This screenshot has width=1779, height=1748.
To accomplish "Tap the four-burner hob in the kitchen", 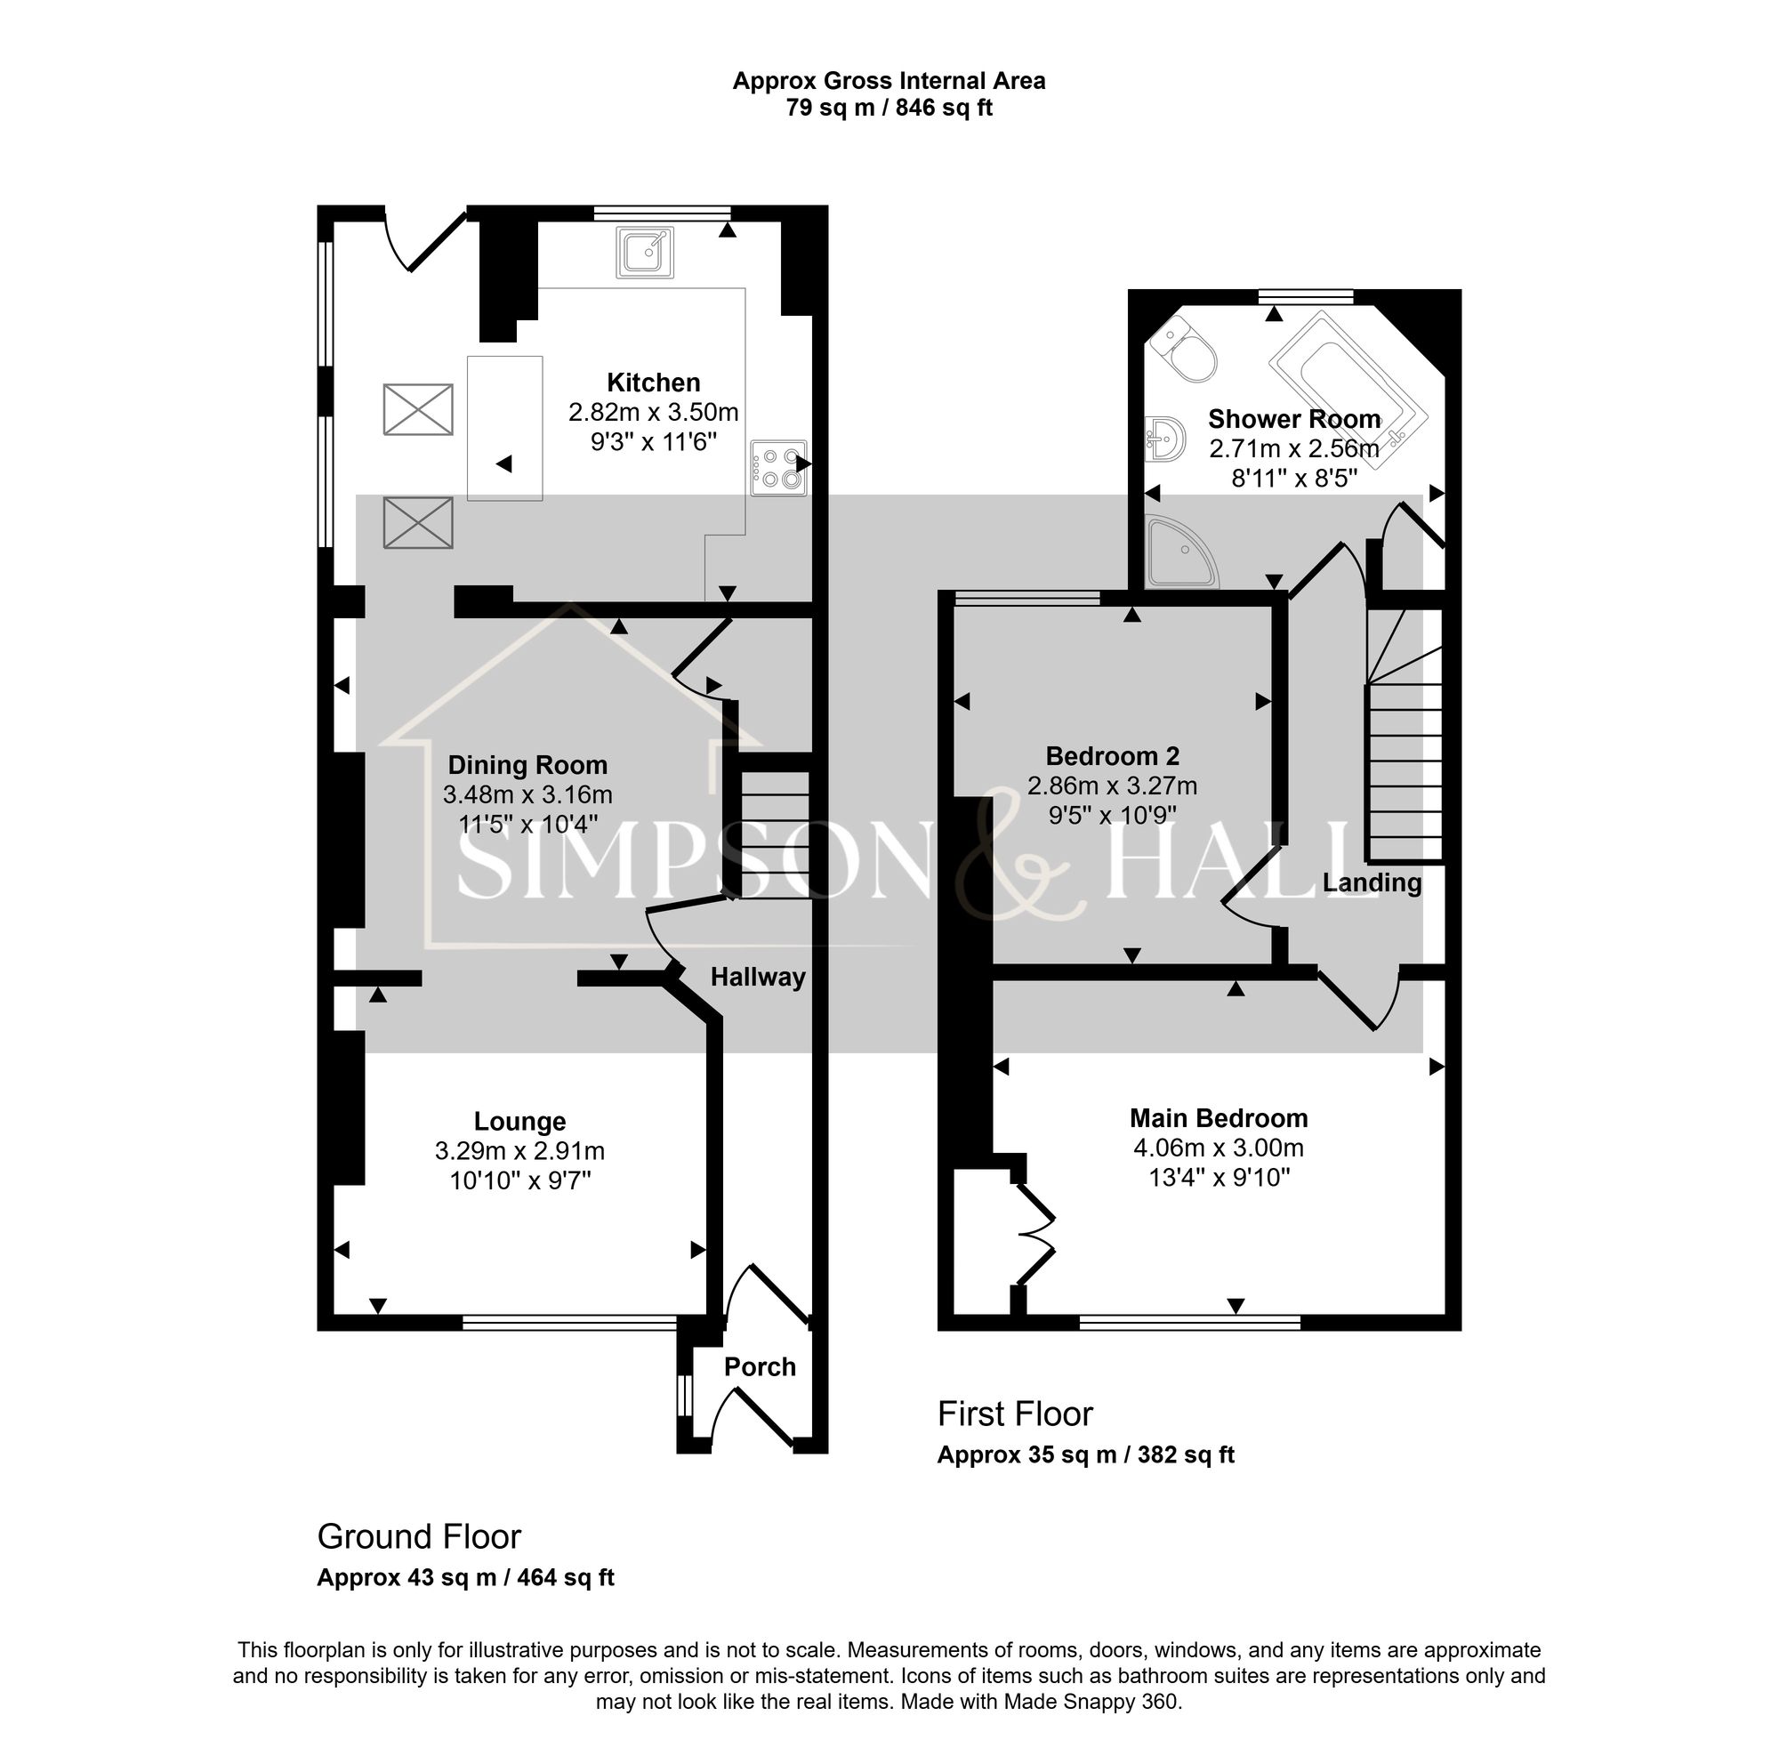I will [778, 468].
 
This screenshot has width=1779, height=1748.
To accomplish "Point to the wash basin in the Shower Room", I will [1163, 439].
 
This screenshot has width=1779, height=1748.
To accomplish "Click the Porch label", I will [759, 1367].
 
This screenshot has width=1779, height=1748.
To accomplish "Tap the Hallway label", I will [757, 977].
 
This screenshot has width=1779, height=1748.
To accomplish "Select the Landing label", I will [1372, 882].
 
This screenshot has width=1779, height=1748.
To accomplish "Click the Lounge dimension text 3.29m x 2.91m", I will [519, 1150].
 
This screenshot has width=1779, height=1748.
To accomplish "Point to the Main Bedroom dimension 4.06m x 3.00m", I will [1218, 1148].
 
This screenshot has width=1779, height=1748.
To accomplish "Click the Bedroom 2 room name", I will [1112, 755].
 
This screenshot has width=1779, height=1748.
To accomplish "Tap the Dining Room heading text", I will [527, 765].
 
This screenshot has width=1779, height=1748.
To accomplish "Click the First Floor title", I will [1014, 1414].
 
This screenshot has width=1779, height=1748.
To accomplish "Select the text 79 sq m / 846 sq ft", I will [888, 109].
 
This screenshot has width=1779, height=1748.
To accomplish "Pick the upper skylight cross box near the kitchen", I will [418, 409].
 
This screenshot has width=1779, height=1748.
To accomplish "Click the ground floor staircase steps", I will [775, 834].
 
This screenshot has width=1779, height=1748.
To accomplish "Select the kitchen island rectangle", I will [505, 428].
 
